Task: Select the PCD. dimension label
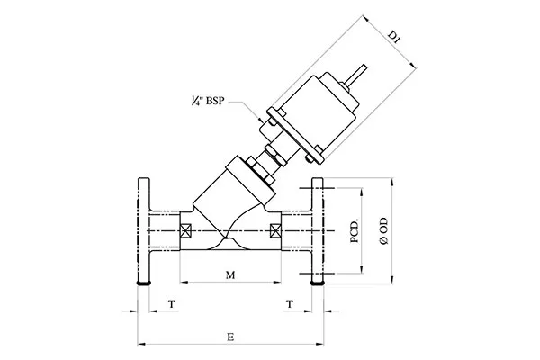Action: [355, 230]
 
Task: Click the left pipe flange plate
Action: [141, 231]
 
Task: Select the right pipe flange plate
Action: [317, 231]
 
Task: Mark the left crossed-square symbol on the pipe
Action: [187, 230]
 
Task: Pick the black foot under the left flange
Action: [141, 285]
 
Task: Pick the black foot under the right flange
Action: [317, 285]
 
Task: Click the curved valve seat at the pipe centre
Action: [229, 238]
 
